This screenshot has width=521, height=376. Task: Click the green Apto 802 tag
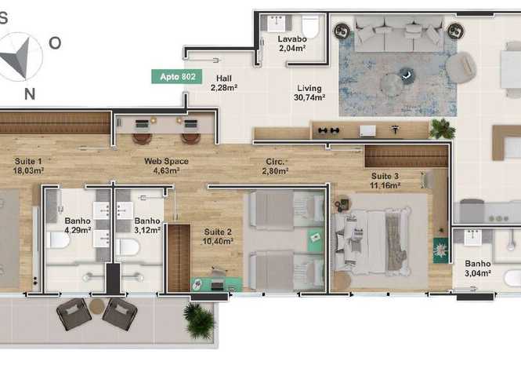(177, 77)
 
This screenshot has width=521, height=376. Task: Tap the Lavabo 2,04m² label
(292, 44)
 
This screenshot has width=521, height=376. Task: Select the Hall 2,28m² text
(224, 83)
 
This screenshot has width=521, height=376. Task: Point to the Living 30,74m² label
(309, 93)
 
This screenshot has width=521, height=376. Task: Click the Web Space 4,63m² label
(166, 166)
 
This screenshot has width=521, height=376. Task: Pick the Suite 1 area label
(28, 166)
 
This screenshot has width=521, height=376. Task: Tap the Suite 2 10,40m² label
(218, 236)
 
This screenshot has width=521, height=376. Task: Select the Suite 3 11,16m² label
(385, 181)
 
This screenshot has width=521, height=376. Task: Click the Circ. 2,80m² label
(275, 166)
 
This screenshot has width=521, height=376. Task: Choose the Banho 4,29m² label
(78, 225)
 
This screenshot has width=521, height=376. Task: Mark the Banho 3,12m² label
(147, 225)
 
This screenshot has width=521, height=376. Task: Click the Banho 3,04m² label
(478, 268)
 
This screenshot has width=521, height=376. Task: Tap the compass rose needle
(17, 56)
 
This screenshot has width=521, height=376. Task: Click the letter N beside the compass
(30, 94)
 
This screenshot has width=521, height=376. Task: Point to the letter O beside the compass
(55, 43)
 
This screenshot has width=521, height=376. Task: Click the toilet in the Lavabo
(310, 26)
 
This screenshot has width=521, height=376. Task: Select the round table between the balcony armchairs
(97, 306)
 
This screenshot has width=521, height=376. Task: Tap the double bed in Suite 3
(373, 241)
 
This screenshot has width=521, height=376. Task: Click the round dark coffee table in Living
(407, 75)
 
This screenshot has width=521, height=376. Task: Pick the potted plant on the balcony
(199, 319)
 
